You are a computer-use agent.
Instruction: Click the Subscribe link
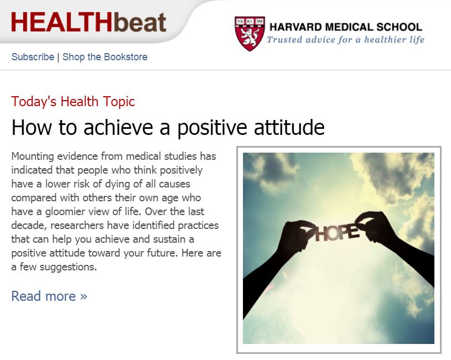click(x=33, y=57)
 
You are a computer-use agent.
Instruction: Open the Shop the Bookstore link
click(x=105, y=57)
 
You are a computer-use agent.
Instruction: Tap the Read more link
click(x=49, y=296)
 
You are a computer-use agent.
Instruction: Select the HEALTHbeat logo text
click(x=89, y=23)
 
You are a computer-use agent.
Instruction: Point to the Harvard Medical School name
click(x=345, y=27)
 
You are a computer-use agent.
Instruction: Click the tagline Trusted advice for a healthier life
click(x=345, y=40)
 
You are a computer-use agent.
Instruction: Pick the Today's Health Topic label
click(x=73, y=102)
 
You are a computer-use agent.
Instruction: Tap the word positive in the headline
click(x=208, y=128)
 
